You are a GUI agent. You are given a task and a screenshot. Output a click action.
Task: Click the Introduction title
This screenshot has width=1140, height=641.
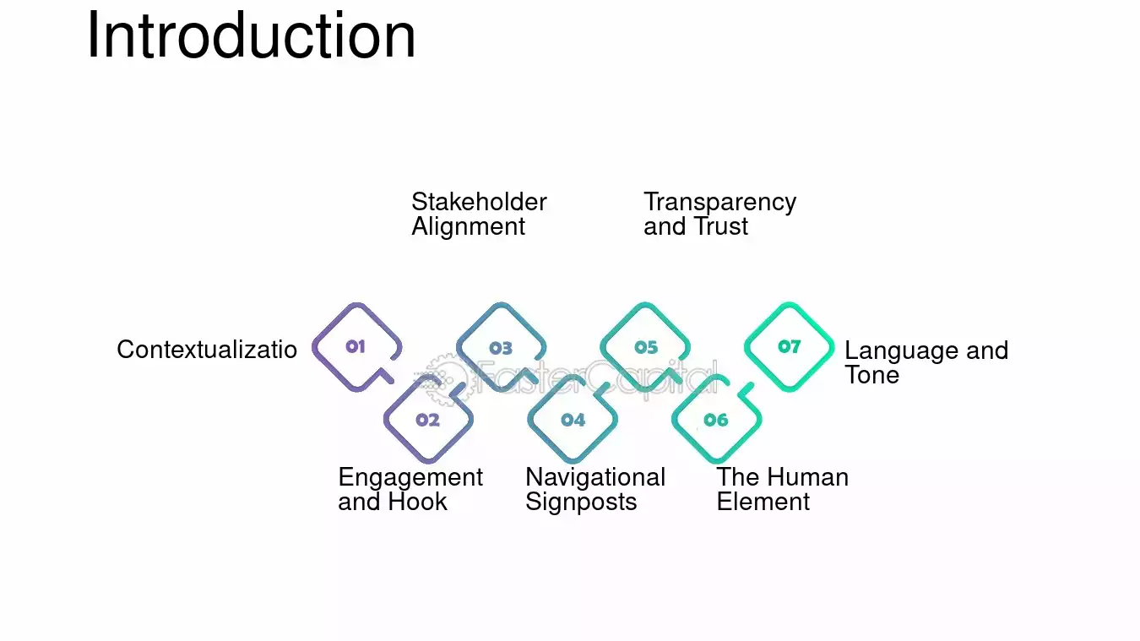[252, 35]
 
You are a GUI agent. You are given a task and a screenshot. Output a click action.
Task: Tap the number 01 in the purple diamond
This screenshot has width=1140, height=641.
[356, 347]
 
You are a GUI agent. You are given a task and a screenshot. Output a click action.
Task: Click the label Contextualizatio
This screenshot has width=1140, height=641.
[207, 350]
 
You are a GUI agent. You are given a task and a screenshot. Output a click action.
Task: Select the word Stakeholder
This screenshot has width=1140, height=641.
[479, 202]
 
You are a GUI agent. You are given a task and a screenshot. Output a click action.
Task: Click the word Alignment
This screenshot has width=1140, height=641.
[468, 227]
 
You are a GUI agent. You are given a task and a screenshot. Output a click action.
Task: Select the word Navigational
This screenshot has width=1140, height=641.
[595, 478]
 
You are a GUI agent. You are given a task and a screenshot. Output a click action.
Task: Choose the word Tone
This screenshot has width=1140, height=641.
[871, 375]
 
